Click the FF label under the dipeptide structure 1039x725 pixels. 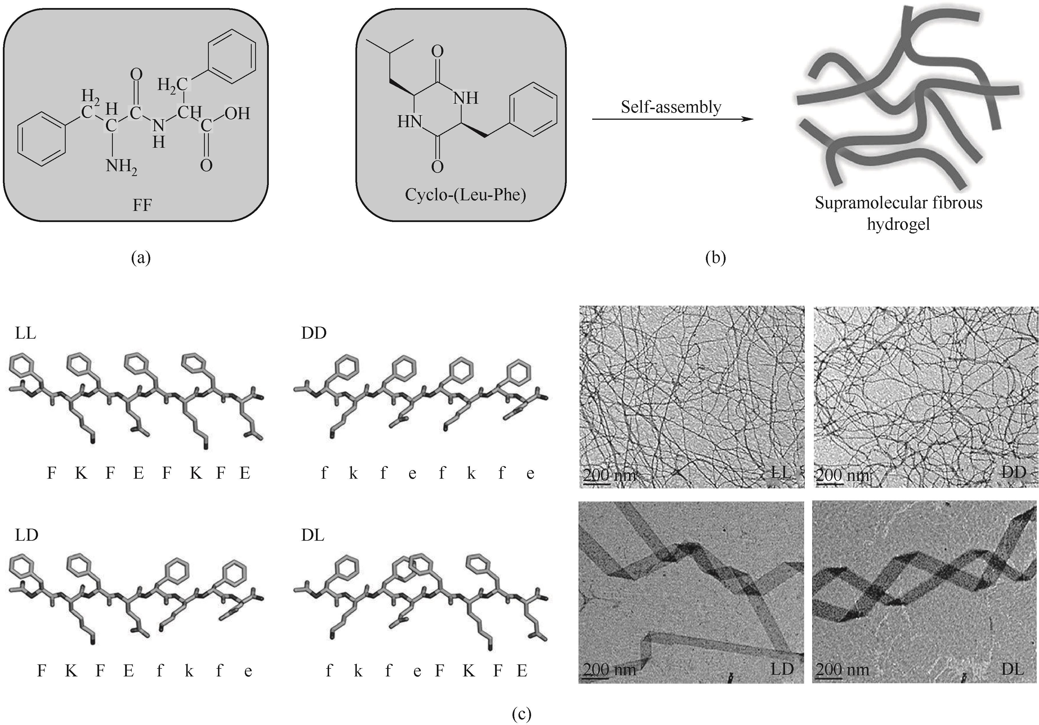142,205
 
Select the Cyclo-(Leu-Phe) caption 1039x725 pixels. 465,195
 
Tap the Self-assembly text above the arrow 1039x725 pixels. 671,107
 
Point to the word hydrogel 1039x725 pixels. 898,224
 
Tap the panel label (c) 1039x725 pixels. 521,714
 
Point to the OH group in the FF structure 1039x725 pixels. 237,113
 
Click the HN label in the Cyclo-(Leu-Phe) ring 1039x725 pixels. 410,121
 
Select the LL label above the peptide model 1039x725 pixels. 25,333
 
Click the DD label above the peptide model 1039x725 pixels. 314,333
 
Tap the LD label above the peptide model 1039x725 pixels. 26,535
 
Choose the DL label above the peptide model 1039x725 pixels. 313,535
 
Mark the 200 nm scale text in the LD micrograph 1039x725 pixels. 609,669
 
